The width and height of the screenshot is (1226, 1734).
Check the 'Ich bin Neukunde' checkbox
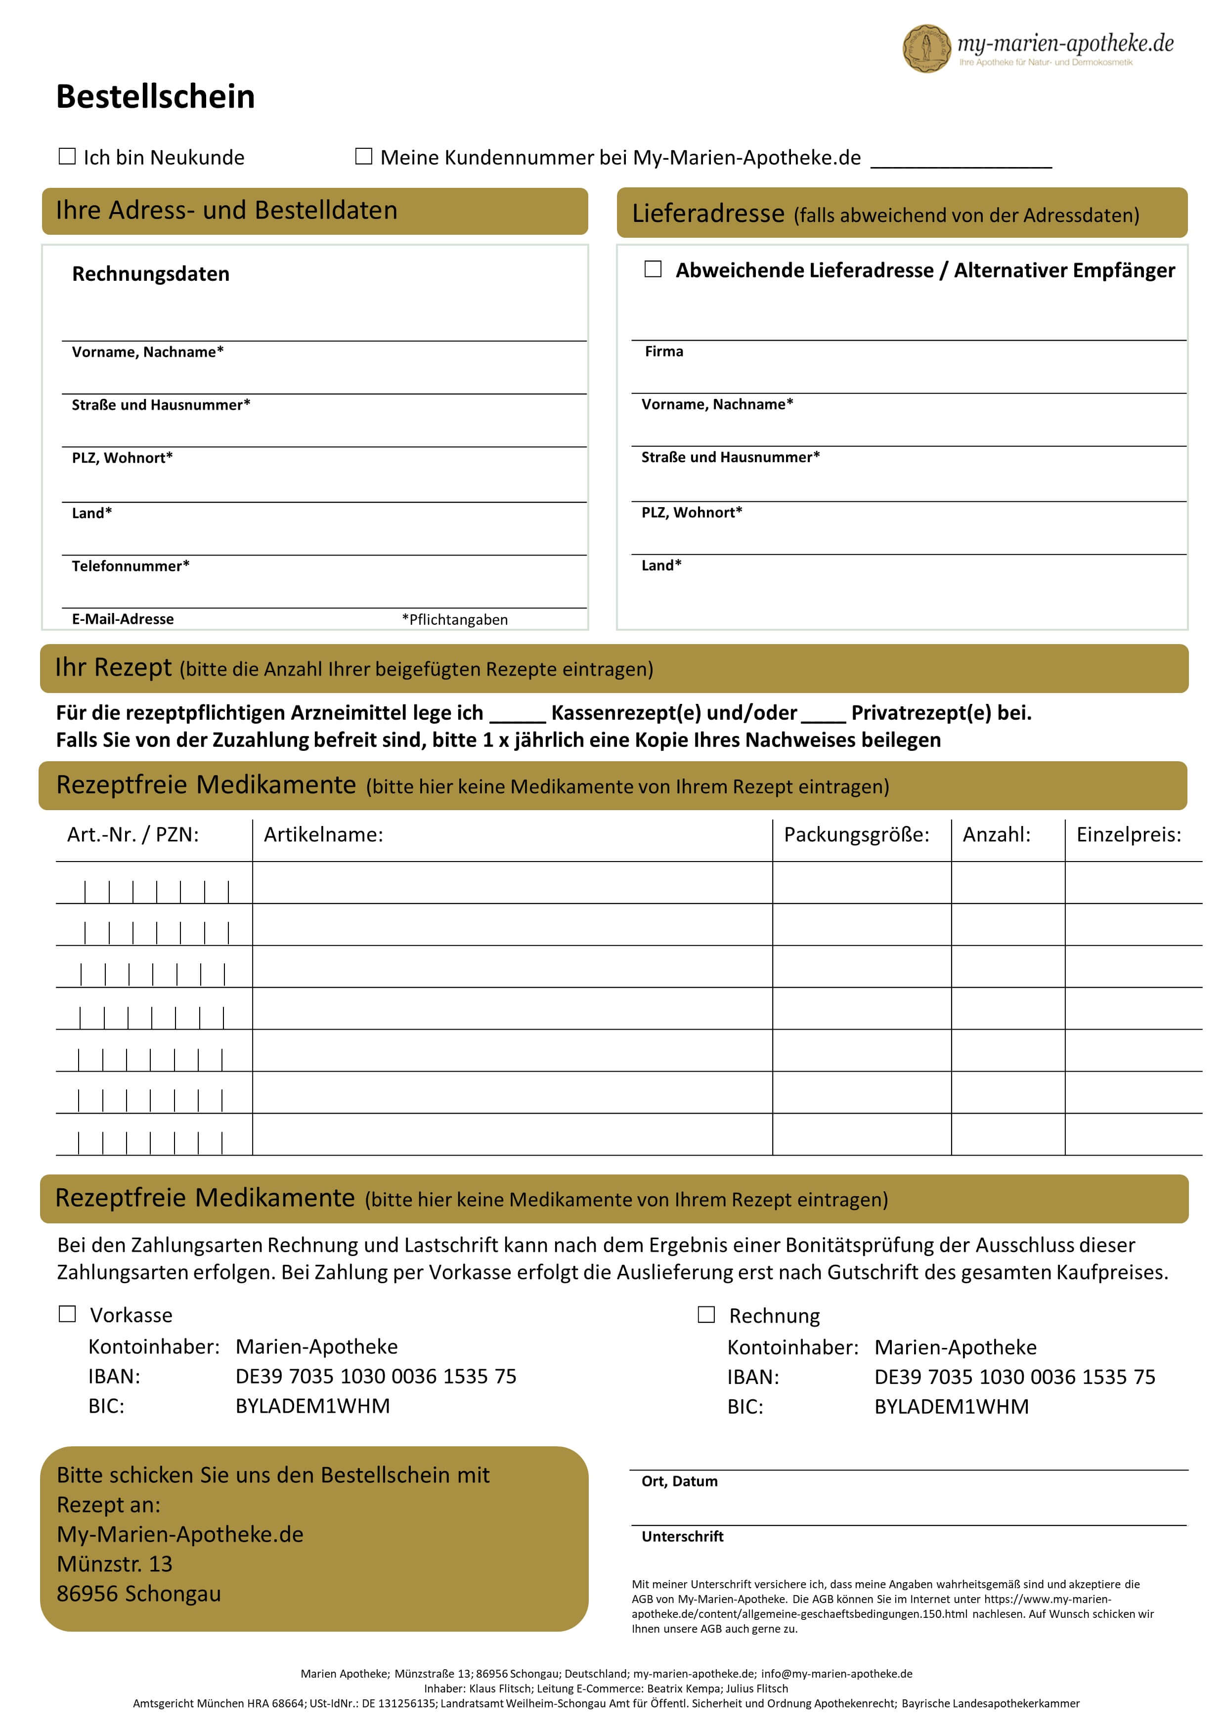[67, 156]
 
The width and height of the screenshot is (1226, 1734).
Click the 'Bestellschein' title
[156, 97]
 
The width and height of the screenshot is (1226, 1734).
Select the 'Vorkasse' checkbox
[67, 1314]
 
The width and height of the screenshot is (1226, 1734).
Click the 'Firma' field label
[663, 351]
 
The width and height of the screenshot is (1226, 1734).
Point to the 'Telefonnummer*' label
[131, 565]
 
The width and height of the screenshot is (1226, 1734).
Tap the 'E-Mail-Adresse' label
[123, 618]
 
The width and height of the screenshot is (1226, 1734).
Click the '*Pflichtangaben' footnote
[455, 619]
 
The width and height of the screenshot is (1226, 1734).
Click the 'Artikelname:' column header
[323, 834]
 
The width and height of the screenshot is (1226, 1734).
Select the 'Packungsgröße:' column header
[857, 834]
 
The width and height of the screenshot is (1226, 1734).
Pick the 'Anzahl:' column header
[996, 834]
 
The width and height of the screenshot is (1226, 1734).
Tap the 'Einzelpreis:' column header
[1129, 834]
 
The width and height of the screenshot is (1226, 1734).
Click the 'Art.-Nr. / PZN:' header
[133, 834]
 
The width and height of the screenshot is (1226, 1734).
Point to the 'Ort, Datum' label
[679, 1481]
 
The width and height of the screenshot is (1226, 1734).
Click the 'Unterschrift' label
[682, 1536]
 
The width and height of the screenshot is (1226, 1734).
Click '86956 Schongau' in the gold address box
[139, 1594]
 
